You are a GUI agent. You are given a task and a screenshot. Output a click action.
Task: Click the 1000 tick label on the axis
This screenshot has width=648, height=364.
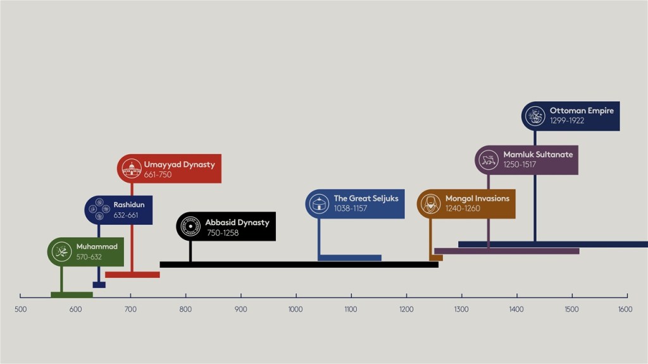click(x=296, y=309)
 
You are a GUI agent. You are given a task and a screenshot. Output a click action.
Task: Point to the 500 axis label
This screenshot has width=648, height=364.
click(x=21, y=309)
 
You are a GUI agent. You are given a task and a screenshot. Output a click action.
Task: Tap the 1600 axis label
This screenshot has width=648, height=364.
click(x=625, y=309)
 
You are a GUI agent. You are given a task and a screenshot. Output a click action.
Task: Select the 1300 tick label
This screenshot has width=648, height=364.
click(x=461, y=309)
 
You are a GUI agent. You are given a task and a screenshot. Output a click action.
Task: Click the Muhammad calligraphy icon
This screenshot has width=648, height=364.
click(x=61, y=252)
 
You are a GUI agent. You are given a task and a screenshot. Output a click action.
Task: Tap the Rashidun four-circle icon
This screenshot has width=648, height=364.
click(x=99, y=209)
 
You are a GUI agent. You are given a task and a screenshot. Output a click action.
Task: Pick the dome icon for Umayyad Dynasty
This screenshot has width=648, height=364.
click(x=132, y=168)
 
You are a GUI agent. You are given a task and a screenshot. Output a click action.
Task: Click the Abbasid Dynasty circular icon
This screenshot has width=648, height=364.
click(x=190, y=226)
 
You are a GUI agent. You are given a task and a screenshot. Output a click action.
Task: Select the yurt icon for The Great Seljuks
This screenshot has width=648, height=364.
click(x=320, y=203)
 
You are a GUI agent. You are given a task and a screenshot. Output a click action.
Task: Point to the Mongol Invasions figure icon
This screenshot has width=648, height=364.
click(x=430, y=203)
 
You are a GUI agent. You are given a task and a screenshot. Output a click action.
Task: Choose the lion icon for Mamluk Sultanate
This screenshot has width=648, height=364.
click(x=489, y=160)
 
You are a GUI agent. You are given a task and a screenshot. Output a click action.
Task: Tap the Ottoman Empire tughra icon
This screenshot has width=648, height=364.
click(x=535, y=116)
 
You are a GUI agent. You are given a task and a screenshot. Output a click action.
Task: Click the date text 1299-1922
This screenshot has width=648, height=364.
click(x=567, y=121)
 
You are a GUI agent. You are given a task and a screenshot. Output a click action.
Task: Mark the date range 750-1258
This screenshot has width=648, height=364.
click(x=223, y=233)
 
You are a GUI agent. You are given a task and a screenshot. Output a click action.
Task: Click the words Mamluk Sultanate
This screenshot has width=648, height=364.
click(x=538, y=154)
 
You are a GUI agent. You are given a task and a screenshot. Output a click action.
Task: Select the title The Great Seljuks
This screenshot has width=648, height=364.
click(x=366, y=198)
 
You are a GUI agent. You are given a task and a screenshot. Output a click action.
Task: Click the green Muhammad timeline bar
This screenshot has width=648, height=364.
click(x=72, y=294)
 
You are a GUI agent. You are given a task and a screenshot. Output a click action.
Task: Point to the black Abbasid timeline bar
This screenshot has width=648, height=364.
click(x=299, y=265)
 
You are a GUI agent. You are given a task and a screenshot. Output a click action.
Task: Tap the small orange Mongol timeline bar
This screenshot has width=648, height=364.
click(x=436, y=258)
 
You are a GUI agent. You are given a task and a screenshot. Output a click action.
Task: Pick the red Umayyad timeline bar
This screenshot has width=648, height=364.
click(x=133, y=275)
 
